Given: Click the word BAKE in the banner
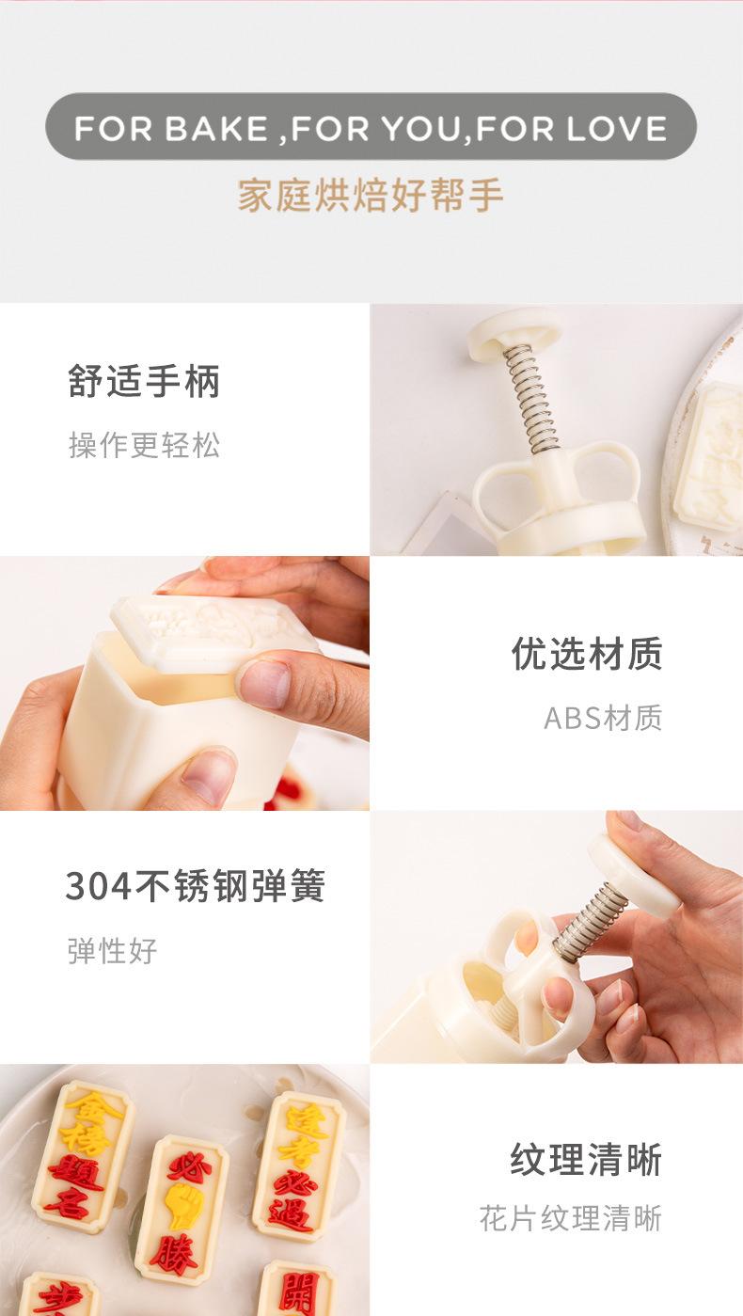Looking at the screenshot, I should (x=215, y=128).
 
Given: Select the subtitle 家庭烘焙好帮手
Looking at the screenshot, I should (x=371, y=195).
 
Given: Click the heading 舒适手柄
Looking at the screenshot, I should (x=144, y=382).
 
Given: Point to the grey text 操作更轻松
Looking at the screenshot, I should (x=144, y=445).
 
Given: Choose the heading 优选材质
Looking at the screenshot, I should (x=587, y=654).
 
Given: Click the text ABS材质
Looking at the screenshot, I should (x=603, y=718).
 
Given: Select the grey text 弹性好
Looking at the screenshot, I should (x=112, y=950).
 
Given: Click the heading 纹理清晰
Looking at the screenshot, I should (x=587, y=1159).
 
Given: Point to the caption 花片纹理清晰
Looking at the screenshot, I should (x=571, y=1219).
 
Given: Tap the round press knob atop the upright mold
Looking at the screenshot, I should (x=514, y=332).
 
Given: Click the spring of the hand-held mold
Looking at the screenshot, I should (x=590, y=921).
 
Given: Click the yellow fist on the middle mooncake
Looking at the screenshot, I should (x=182, y=1205).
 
